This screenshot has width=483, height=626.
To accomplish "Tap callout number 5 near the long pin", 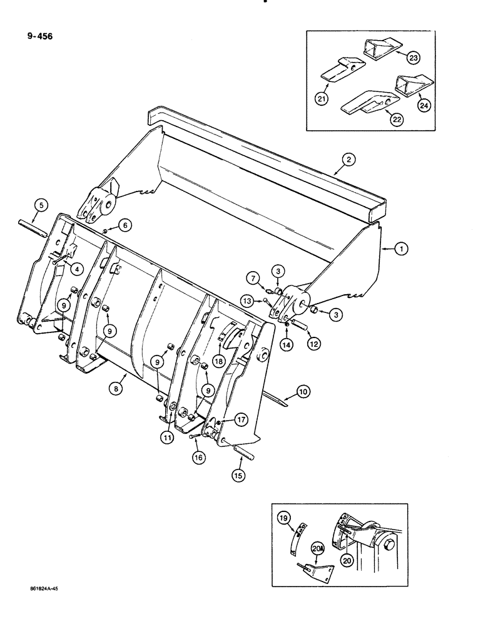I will click(x=39, y=204).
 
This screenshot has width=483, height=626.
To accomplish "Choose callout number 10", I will click(x=303, y=393).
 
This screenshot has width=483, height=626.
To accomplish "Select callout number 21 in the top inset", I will click(x=322, y=99).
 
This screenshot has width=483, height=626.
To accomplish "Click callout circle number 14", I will click(x=287, y=345).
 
